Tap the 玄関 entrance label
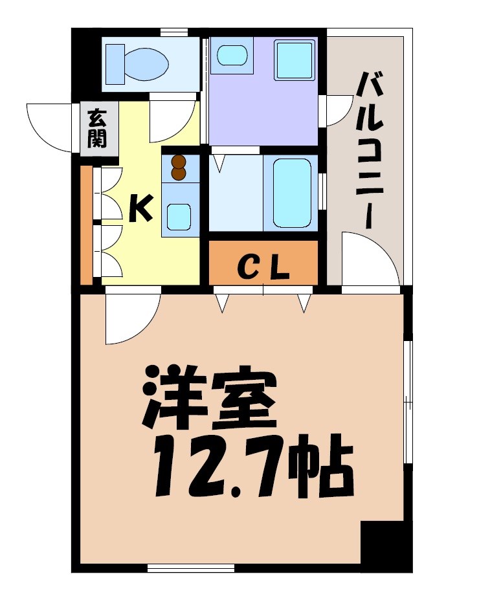click(x=97, y=129)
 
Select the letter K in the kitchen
click(x=140, y=208)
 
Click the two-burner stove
click(x=179, y=168)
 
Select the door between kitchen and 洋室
click(x=131, y=317)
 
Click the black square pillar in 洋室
click(x=386, y=545)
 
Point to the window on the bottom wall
click(x=190, y=568)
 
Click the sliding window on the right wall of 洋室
click(x=408, y=401)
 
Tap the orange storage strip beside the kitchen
click(x=86, y=225)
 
